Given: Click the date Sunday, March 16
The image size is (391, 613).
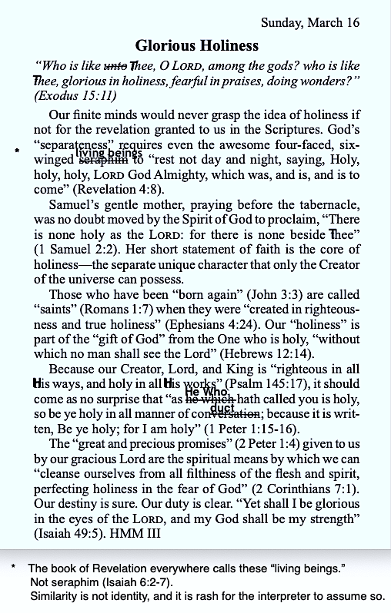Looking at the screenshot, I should pos(310,22).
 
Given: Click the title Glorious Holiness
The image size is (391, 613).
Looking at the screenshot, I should pos(197,46).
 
